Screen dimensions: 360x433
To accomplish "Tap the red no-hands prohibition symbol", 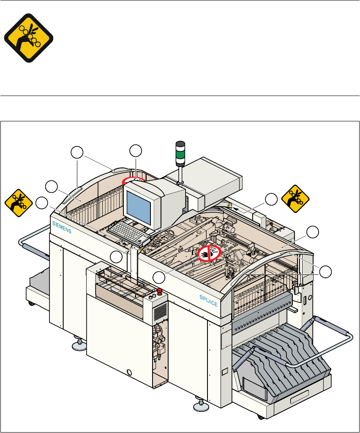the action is (208, 253).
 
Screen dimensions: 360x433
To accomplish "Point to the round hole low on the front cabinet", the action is (130, 373).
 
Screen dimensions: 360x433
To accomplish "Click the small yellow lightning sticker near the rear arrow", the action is (229, 205).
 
